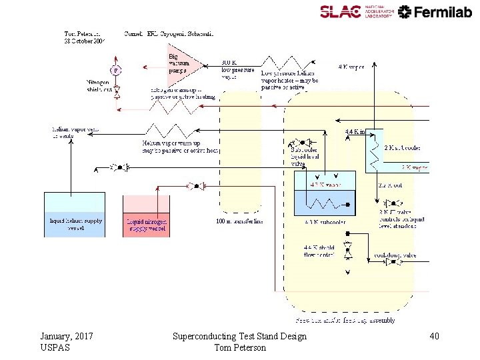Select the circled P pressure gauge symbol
click(x=116, y=69)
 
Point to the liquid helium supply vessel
click(x=74, y=215)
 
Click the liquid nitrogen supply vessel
click(x=146, y=216)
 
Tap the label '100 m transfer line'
click(x=240, y=221)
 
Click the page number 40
click(x=434, y=337)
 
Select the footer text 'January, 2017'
click(x=67, y=337)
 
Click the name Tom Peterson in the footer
click(x=239, y=348)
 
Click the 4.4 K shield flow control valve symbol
click(x=347, y=253)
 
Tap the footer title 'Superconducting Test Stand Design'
click(x=239, y=337)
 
